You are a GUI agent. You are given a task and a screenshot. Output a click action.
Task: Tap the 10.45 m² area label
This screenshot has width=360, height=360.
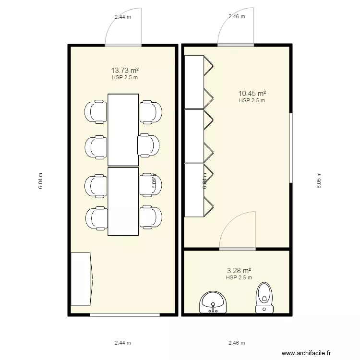[252, 94]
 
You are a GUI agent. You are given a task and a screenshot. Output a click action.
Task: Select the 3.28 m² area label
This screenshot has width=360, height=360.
[239, 271]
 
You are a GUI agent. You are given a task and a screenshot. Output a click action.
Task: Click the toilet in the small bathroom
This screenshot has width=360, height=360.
[264, 297]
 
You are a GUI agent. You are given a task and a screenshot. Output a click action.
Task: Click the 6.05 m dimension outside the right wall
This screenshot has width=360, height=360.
[319, 180]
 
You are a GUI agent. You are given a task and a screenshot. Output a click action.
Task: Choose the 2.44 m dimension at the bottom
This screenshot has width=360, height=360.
[123, 343]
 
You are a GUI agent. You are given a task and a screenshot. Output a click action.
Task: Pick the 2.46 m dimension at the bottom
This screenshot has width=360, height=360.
[236, 343]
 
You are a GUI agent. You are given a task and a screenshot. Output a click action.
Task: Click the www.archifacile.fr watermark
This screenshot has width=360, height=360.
[306, 353]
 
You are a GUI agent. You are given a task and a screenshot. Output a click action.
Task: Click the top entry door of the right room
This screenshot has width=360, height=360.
[236, 28]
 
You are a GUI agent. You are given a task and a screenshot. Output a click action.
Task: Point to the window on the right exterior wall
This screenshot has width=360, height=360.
[291, 147]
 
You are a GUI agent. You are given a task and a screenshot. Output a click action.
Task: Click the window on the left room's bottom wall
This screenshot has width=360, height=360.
[125, 315]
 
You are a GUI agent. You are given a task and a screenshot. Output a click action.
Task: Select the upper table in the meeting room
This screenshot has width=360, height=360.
[123, 130]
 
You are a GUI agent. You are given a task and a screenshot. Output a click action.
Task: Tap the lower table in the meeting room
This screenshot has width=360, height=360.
[123, 201]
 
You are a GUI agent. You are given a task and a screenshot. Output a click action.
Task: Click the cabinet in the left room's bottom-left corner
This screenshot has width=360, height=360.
[81, 279]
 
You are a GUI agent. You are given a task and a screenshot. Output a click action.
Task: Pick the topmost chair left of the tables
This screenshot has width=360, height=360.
[96, 111]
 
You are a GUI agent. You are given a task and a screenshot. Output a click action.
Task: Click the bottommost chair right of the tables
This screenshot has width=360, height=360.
[151, 217]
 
